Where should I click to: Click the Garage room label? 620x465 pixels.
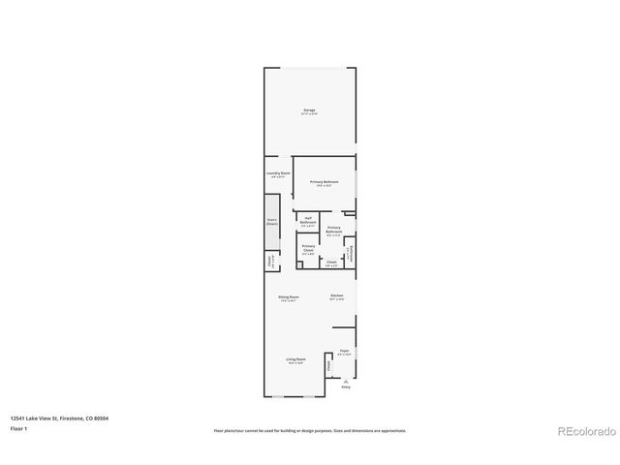click(x=309, y=110)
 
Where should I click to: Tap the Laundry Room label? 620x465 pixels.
click(x=278, y=173)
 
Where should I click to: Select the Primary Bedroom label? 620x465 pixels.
click(x=324, y=182)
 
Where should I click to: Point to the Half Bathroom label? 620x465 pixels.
click(x=307, y=220)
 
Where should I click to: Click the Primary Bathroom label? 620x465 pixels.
click(x=333, y=230)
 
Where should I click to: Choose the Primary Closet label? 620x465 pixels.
click(x=308, y=249)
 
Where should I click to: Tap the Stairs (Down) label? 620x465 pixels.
click(x=272, y=221)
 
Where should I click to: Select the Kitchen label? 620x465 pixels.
click(x=336, y=295)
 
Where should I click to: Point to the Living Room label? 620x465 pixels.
click(x=295, y=360)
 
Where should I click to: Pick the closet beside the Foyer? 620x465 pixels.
click(x=329, y=366)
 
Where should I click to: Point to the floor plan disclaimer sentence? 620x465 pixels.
click(x=309, y=430)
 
